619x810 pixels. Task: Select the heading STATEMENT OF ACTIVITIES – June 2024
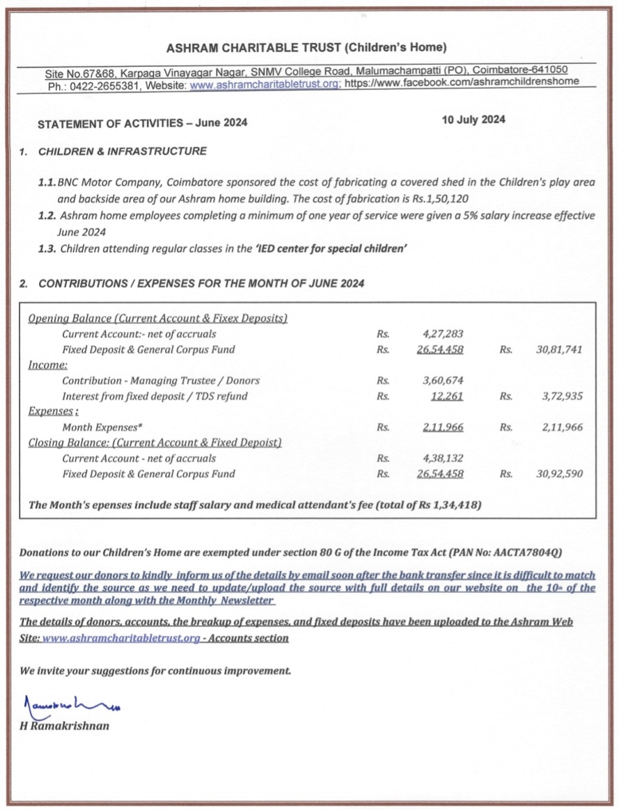pos(132,123)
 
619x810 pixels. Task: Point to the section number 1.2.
pos(47,216)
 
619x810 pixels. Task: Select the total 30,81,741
pos(559,349)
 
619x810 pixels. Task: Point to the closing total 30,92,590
pos(559,474)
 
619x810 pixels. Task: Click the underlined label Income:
pos(47,365)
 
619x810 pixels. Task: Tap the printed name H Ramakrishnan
pos(64,726)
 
